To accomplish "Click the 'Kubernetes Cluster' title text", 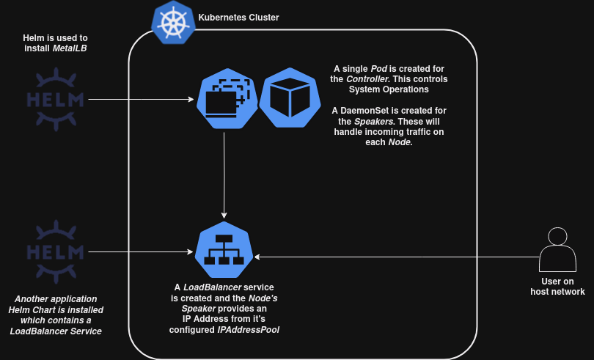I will click(x=238, y=16).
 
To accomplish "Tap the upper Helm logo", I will click(x=55, y=99).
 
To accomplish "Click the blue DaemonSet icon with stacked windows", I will click(x=225, y=98).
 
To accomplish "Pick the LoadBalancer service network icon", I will click(x=224, y=250).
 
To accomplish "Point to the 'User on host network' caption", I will click(x=557, y=286).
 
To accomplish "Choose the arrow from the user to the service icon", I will click(x=396, y=257).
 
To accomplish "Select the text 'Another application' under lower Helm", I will click(x=56, y=298).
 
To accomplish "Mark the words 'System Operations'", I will click(x=389, y=89).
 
